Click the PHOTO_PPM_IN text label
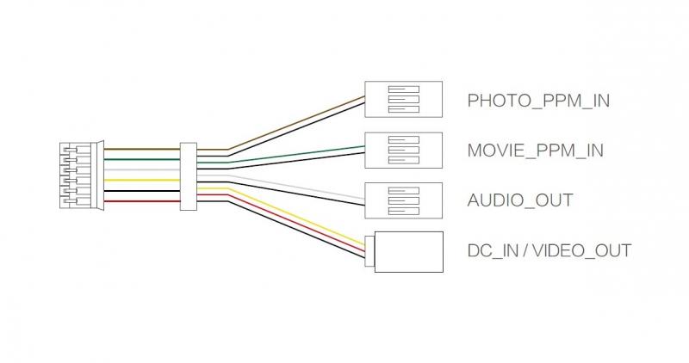pos(538,101)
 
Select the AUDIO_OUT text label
pos(519,200)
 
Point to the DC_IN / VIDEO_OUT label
pos(549,250)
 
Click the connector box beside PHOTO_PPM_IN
pos(404,100)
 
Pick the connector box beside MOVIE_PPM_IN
pos(404,150)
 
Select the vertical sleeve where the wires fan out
pos(188,175)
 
